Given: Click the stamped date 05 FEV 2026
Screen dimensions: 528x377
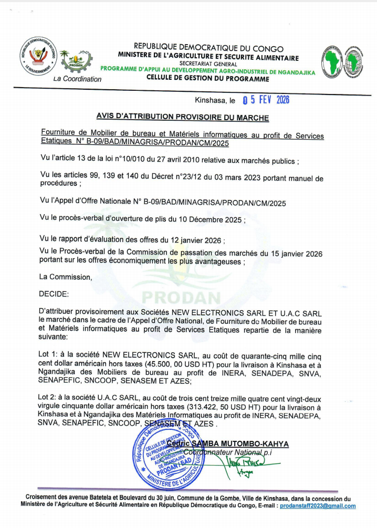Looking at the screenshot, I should point(266,100).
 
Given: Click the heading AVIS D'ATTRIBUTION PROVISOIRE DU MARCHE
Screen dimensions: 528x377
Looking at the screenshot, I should point(183,117).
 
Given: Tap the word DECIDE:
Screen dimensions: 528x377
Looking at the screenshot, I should point(54,294).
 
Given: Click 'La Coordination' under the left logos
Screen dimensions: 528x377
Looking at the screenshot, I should point(78,79).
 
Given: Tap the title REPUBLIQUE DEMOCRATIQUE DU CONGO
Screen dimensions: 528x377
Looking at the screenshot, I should point(208,49).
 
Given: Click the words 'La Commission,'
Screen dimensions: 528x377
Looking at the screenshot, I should point(66,277).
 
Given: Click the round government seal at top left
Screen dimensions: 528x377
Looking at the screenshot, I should point(37,56).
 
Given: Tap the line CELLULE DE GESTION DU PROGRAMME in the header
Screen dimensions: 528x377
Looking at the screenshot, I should point(208,79).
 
